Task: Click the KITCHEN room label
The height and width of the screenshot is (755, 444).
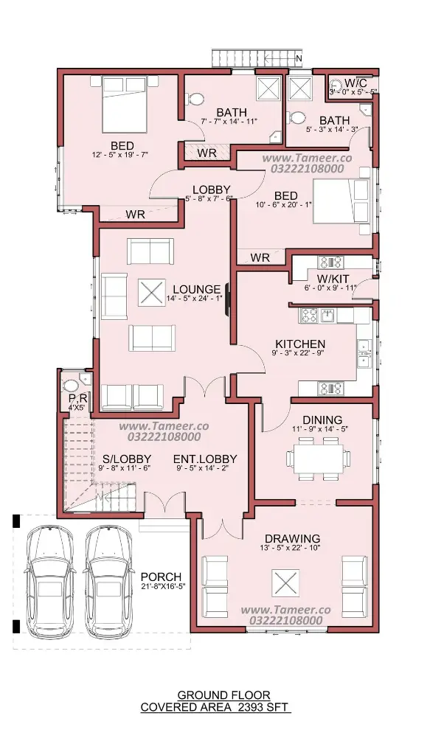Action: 300,344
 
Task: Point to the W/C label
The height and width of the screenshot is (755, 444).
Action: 356,83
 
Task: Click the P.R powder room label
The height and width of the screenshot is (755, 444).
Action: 77,399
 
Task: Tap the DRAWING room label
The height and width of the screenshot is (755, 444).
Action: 292,538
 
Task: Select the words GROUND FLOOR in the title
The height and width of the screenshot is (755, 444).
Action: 224,695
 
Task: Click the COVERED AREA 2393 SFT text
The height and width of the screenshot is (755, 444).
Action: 215,707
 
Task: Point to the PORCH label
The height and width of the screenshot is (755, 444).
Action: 162,577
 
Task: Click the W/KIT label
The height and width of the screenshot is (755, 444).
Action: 333,279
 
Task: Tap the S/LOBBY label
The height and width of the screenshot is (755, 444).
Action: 127,459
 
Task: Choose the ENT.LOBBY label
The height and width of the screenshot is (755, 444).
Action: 205,459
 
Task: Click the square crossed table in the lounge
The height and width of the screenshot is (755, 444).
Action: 152,293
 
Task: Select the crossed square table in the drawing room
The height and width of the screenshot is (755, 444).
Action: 285,582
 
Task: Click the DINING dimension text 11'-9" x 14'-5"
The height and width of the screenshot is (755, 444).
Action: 320,428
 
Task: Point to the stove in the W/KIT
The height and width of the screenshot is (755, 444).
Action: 330,262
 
